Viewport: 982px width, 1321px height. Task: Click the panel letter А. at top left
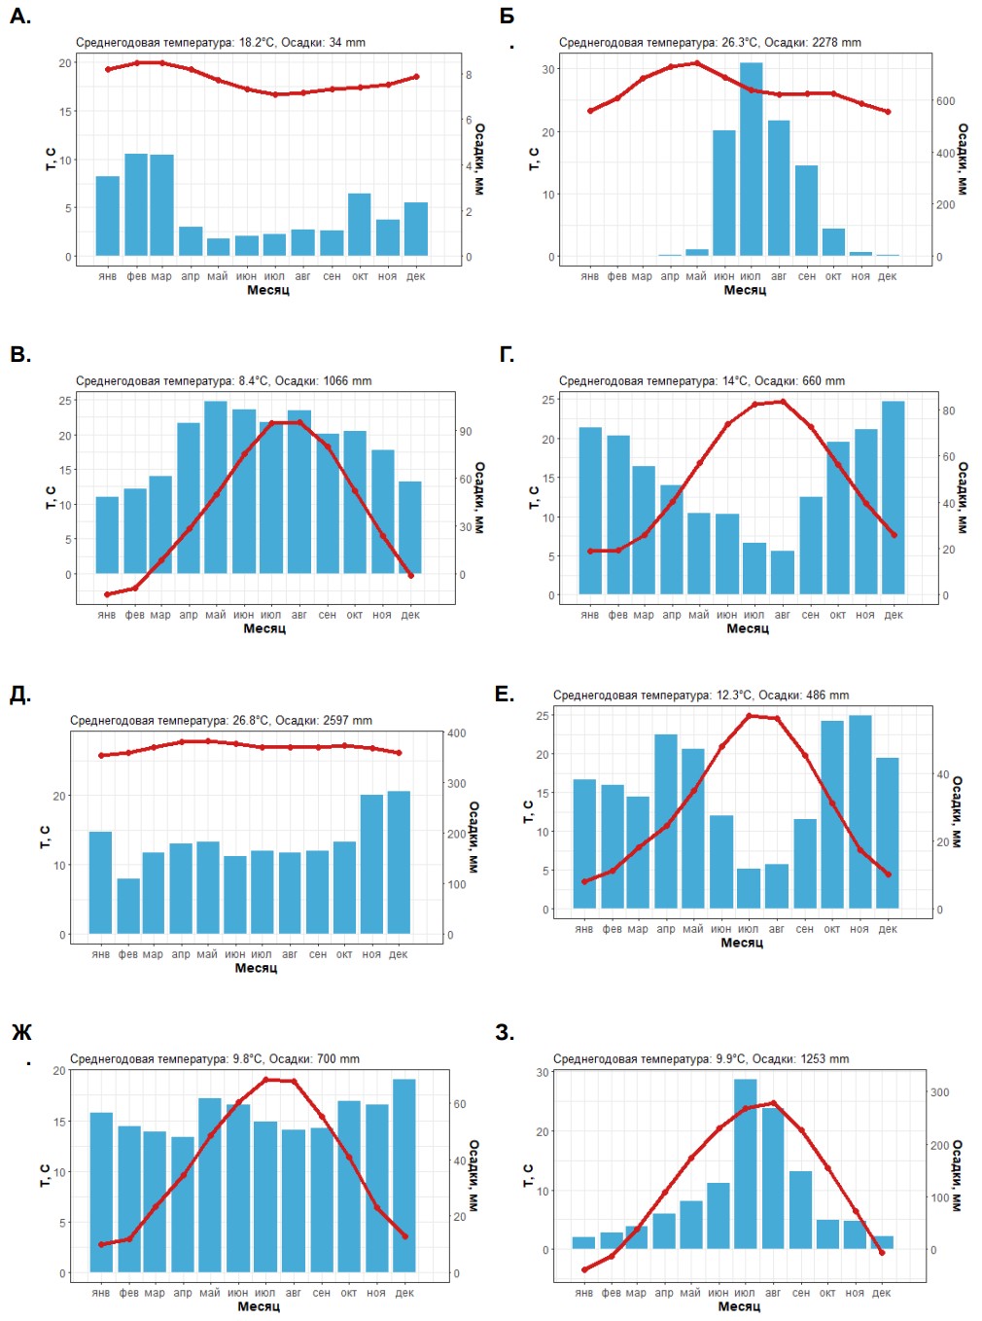[x=20, y=16]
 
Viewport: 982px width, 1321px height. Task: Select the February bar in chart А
[x=136, y=204]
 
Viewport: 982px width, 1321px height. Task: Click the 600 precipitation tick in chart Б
[x=945, y=101]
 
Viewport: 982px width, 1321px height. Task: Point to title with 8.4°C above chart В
[x=224, y=381]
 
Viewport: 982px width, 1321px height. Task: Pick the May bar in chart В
[x=216, y=486]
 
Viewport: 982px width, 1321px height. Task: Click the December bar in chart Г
[x=893, y=497]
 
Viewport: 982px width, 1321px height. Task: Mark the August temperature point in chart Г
[x=783, y=402]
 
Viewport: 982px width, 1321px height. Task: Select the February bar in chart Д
[x=128, y=906]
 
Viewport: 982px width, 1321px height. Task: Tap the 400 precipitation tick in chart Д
[x=456, y=733]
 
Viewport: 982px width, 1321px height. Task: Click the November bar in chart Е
[x=859, y=811]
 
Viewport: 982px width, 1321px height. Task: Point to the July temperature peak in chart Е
[x=749, y=716]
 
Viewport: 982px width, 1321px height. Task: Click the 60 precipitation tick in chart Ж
[x=460, y=1104]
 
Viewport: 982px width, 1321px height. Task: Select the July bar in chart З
[x=745, y=1163]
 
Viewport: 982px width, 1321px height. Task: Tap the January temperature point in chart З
[x=584, y=1269]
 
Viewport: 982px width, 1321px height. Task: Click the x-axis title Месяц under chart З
[x=739, y=1306]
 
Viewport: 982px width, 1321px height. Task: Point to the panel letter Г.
[x=507, y=354]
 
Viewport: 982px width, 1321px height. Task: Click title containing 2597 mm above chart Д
[x=221, y=721]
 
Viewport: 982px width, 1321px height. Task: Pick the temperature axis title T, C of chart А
[x=52, y=160]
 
